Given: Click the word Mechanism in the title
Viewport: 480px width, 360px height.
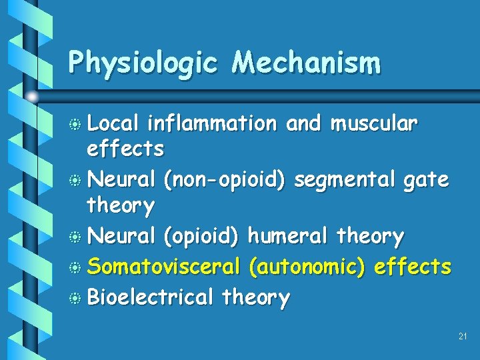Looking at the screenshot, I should tap(306, 63).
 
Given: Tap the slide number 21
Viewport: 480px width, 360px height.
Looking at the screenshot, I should tap(463, 337).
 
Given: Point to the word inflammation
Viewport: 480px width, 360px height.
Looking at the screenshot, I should tap(211, 123).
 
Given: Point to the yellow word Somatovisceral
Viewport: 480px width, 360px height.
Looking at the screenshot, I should tap(163, 267).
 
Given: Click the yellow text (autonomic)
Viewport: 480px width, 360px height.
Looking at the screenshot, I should tap(306, 267).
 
